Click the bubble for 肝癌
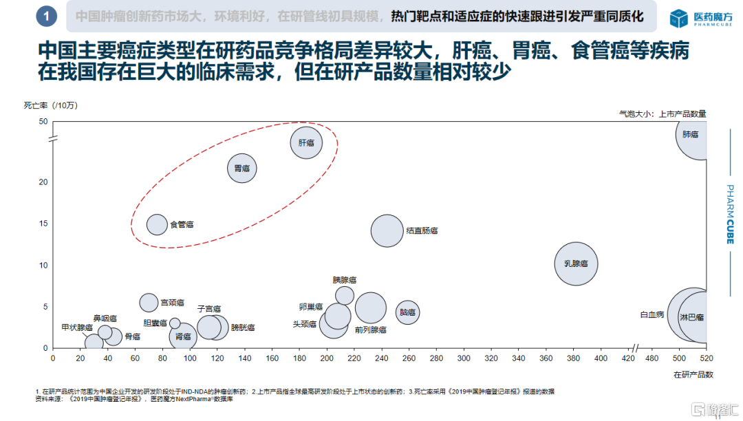[307, 143]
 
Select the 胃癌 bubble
[241, 168]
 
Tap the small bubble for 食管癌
[158, 224]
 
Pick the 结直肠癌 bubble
[387, 231]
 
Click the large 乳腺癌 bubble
[576, 263]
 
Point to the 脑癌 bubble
[408, 312]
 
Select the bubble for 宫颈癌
[149, 303]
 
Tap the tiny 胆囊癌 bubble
[175, 323]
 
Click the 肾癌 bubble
[183, 336]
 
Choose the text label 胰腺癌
[345, 280]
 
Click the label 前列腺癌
[370, 330]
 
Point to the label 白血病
[652, 315]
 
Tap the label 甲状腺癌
[76, 327]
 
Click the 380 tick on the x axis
[573, 358]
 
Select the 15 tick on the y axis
[43, 224]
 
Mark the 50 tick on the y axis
[43, 122]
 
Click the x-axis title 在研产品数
[693, 375]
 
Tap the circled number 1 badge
[45, 17]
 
